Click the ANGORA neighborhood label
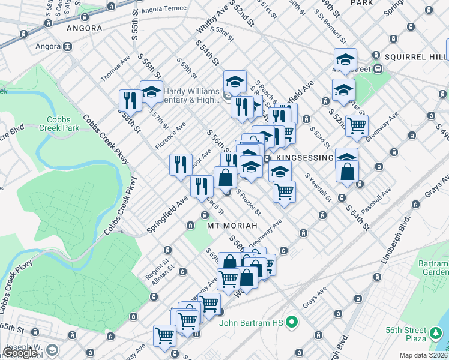point(84,28)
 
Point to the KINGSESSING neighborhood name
point(306,158)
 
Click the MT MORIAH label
point(232,226)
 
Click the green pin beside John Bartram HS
point(292,323)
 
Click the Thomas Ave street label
point(115,70)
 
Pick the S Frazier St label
point(248,202)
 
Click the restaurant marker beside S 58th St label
point(130,100)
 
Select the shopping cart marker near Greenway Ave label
point(357,125)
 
